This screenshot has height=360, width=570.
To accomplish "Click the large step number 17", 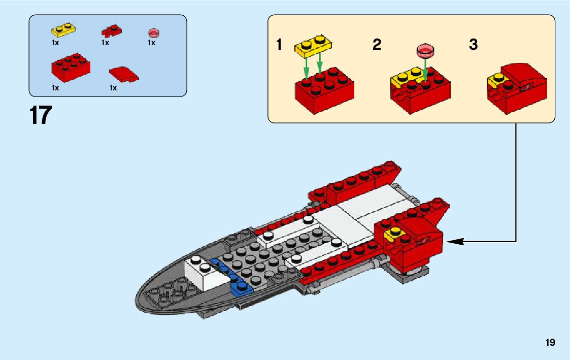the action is coord(41,116).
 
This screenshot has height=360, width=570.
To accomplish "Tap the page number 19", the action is coord(550,343).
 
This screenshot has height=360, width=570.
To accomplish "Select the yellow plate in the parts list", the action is coord(63,29).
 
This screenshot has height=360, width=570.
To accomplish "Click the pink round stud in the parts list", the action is coord(153,33).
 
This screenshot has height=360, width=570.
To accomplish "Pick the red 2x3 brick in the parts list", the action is coord(71,68).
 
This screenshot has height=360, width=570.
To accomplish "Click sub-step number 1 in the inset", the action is coord(279,45).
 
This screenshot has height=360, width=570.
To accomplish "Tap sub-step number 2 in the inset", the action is coord(377,45).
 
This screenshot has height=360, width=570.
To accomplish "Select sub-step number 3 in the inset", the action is coord(473,45).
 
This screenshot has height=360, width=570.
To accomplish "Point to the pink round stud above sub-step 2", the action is coord(425,50).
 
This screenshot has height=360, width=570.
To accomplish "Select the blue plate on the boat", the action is coord(235,281).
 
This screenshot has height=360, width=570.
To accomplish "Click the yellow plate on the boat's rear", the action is coord(396,235).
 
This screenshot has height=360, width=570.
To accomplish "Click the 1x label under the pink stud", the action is coord(151,43).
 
